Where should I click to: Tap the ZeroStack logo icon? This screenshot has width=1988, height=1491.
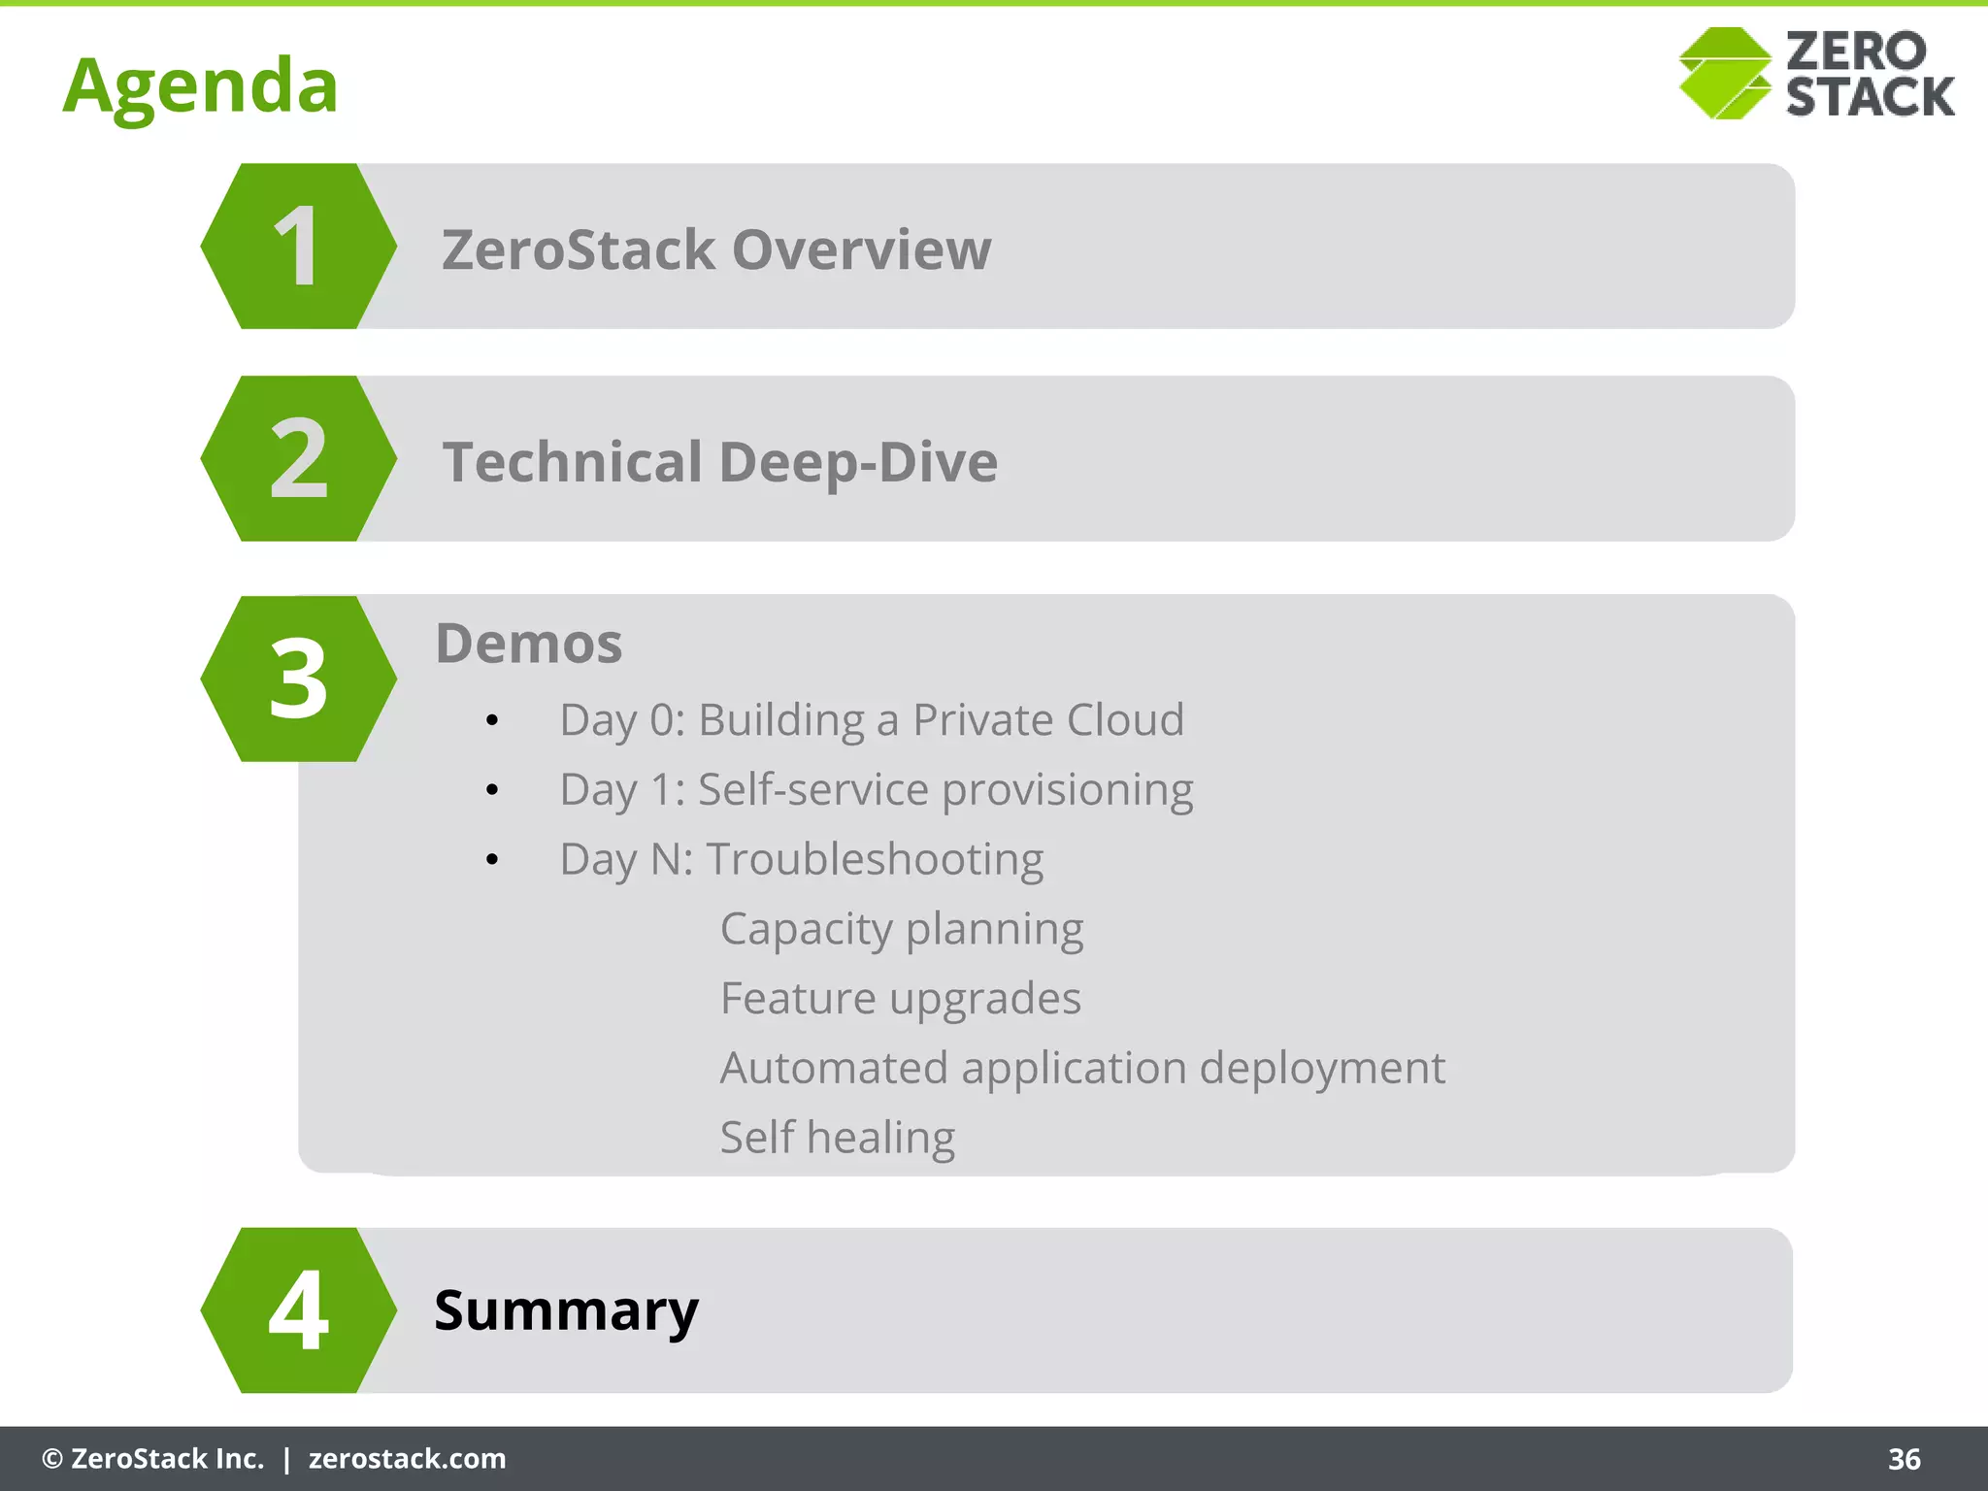[1725, 74]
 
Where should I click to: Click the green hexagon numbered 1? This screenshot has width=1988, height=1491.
[298, 247]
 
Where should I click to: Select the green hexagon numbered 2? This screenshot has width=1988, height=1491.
[298, 459]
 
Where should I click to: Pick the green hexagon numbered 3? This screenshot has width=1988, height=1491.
[298, 679]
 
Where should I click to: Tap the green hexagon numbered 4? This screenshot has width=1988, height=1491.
[298, 1310]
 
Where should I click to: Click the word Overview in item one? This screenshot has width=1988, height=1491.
[861, 250]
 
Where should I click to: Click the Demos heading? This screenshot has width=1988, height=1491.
[528, 644]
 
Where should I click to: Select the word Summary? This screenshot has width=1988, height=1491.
[566, 1310]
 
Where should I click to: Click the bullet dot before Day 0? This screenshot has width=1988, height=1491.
[492, 721]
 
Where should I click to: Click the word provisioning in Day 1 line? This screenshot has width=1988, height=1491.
[1067, 790]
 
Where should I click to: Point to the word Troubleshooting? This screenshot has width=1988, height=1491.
[875, 860]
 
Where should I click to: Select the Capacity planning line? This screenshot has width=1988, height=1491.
[901, 930]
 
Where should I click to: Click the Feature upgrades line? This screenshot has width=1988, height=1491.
[900, 999]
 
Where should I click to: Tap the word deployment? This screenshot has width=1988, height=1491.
[1322, 1069]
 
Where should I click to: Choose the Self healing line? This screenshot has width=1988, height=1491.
[837, 1138]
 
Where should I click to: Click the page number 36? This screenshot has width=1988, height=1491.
[1904, 1459]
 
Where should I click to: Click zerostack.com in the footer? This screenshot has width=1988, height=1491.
[407, 1459]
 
